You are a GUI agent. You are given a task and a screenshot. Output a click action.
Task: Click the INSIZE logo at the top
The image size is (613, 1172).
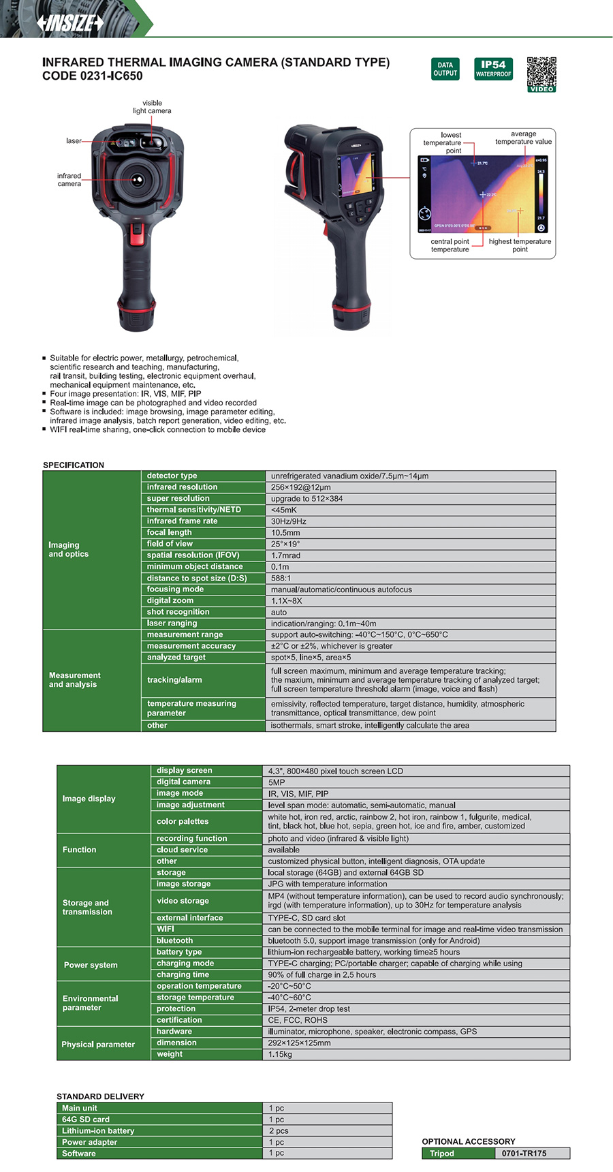pos(71,23)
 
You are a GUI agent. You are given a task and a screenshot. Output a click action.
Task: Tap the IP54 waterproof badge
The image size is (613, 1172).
pos(493,69)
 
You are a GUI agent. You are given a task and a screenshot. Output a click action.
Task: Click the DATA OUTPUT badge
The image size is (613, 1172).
pos(445,69)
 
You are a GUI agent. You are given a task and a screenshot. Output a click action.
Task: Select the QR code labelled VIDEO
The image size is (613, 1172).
pos(541,74)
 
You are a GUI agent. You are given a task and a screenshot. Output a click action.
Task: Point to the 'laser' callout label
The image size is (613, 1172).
pos(74,141)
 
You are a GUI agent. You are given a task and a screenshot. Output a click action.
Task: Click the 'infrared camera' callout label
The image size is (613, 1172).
pos(69,180)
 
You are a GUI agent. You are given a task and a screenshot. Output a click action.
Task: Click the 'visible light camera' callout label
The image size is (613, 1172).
pos(152,107)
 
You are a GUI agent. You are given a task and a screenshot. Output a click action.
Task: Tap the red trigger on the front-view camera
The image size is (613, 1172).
pos(137,235)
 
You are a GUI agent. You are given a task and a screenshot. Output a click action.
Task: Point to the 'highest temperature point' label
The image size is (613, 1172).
pos(520,245)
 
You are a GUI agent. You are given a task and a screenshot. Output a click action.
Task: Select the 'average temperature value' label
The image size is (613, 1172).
pos(523,138)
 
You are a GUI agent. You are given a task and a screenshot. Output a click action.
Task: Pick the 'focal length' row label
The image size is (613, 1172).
pos(170,532)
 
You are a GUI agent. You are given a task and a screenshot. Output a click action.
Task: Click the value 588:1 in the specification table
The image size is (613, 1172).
pos(281,578)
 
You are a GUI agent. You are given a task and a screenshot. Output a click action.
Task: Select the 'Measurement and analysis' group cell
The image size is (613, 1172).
pos(74,679)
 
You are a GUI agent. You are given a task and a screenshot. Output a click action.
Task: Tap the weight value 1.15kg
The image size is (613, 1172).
pos(280,1054)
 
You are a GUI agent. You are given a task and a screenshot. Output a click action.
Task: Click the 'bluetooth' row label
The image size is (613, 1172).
pos(174,940)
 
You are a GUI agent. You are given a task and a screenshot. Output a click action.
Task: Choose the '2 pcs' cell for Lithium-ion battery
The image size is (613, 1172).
pos(279,1130)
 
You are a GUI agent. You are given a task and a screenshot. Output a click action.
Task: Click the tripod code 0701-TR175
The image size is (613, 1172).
pos(524,1154)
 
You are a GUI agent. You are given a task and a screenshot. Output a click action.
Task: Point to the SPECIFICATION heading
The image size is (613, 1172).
pos(74,465)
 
